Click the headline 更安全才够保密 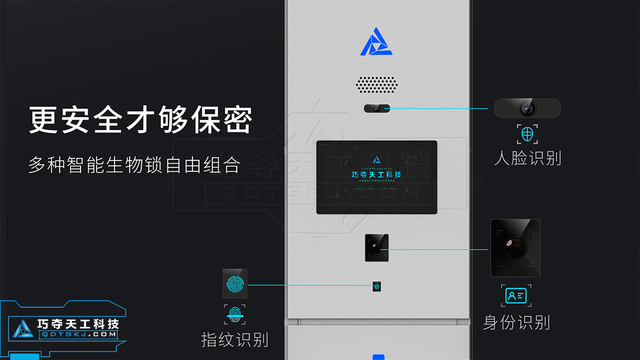tap(140, 120)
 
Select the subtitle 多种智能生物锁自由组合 tap(135, 164)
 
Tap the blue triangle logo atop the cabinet tap(378, 42)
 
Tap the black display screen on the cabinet tap(377, 176)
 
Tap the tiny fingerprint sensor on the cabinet tap(377, 286)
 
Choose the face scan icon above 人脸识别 tap(527, 134)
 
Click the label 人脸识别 tap(527, 158)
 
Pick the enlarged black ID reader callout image tap(515, 248)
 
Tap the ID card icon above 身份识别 tap(515, 295)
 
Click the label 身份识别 tap(516, 321)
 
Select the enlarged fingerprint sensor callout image tap(236, 284)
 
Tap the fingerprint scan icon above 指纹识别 tap(236, 316)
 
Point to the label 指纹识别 tap(235, 340)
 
